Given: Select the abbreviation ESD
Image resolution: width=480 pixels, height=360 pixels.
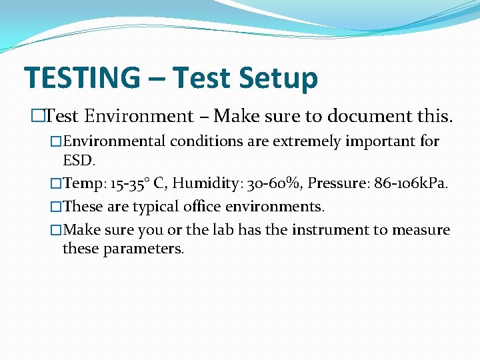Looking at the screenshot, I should pos(79,161).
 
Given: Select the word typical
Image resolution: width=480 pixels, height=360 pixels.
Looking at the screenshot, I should pos(159,207).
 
